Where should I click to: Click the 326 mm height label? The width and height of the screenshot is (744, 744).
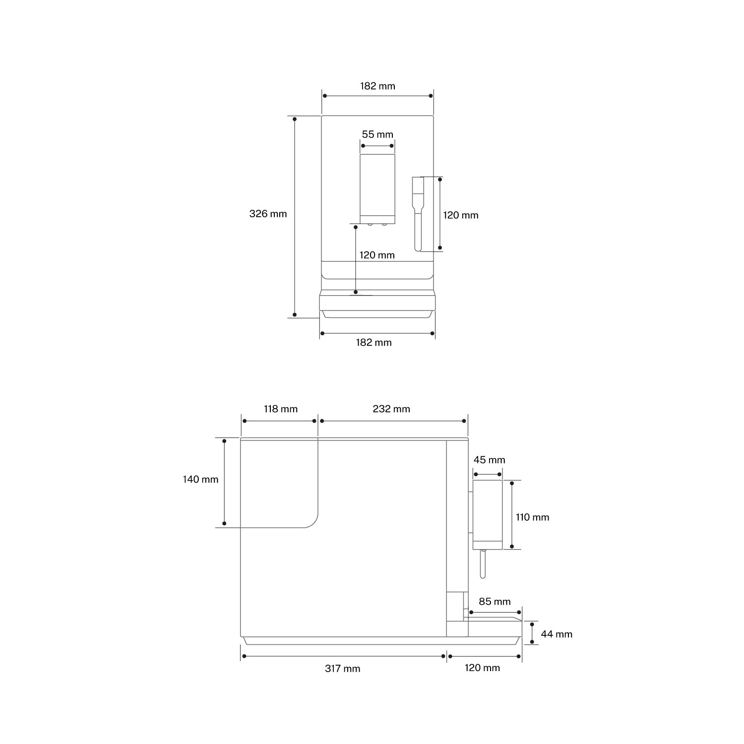coord(268,214)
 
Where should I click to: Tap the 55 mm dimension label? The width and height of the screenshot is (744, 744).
coord(377,134)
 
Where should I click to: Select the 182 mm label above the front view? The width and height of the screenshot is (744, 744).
coord(378,86)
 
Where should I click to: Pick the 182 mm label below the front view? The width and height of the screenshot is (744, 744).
coord(374,343)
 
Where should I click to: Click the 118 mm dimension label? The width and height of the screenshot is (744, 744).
coord(280,409)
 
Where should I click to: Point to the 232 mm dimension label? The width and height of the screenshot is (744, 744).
coord(391,409)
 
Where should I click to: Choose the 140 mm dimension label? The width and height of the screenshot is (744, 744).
coord(200,480)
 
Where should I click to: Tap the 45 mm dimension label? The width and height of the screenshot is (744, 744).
coord(489,460)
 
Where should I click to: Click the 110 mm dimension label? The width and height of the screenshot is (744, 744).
coord(533,517)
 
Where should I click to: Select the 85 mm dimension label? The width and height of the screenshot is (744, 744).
coord(495,602)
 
